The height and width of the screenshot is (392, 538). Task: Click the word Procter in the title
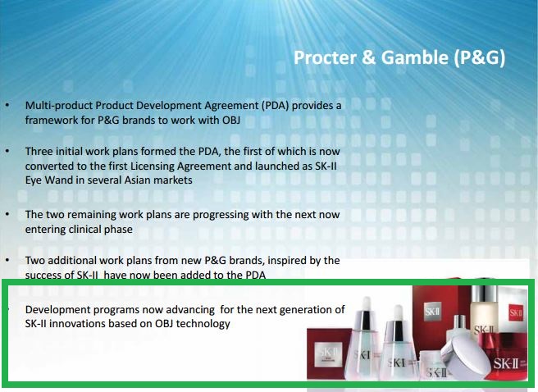click(x=325, y=57)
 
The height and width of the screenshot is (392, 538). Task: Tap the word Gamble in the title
click(x=414, y=57)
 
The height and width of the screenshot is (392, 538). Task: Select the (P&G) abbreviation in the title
click(x=480, y=58)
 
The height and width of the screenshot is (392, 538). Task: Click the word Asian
click(x=137, y=180)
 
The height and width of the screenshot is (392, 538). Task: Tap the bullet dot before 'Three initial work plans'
click(x=7, y=151)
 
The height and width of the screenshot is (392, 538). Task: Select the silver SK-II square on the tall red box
click(x=433, y=312)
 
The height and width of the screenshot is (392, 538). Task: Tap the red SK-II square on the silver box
click(x=516, y=312)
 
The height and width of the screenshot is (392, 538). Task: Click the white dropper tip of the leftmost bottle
click(x=366, y=303)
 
